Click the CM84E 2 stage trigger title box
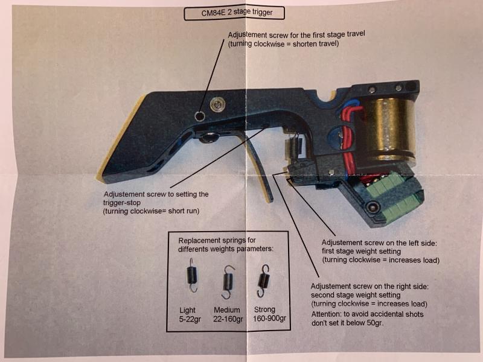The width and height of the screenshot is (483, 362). pos(234,13)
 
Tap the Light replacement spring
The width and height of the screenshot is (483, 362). pos(191,275)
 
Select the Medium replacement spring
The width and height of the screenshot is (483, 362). pos(228,282)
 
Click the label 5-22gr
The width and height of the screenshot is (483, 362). pos(190,319)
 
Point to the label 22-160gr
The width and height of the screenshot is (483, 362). pos(228,319)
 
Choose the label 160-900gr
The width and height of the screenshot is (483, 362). pos(269,319)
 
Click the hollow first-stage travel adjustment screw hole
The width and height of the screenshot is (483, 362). pos(200,116)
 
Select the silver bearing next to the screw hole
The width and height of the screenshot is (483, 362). pos(218,105)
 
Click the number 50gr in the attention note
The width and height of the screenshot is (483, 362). pos(374,323)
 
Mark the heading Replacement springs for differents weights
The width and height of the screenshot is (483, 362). pos(225,244)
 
